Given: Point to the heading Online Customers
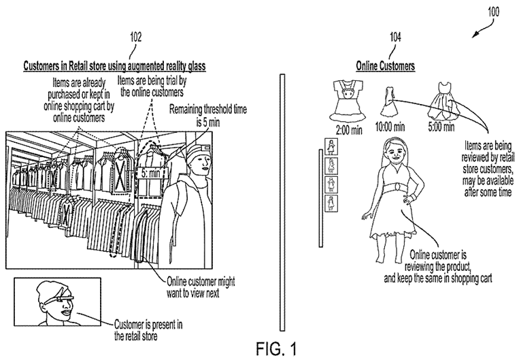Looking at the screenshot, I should point(386,66).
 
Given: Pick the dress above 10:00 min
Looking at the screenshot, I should point(390,103).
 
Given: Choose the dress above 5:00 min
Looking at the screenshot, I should point(442,102).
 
